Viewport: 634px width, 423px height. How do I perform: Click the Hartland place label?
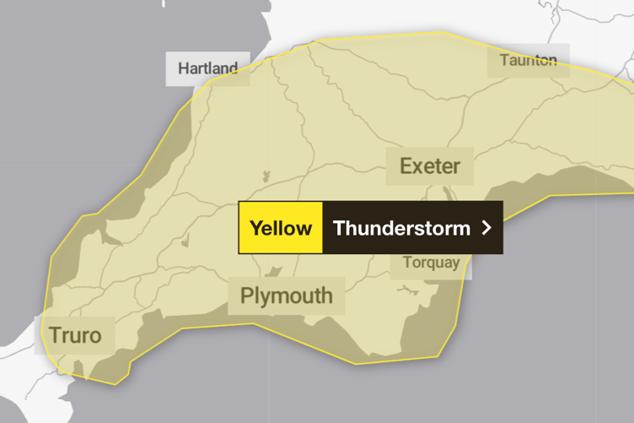[x=207, y=68]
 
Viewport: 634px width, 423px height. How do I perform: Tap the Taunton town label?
[x=529, y=60]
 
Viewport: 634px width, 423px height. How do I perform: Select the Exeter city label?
[x=430, y=165]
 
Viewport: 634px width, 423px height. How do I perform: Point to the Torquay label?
[x=432, y=262]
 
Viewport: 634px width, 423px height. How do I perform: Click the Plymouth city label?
[x=287, y=296]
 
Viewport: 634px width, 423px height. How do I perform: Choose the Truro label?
[x=75, y=335]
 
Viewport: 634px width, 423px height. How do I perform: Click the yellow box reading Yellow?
[x=281, y=228]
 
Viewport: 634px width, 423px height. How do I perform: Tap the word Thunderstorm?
[x=401, y=228]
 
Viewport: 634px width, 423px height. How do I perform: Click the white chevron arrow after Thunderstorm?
[x=486, y=228]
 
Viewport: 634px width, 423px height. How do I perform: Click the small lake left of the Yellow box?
[x=185, y=242]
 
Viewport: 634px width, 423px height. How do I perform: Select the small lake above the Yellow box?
[x=265, y=177]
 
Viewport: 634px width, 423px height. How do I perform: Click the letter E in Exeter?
[x=406, y=165]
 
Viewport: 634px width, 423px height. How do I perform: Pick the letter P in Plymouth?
[x=246, y=296]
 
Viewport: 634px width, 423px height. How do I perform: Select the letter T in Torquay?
[x=407, y=262]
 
